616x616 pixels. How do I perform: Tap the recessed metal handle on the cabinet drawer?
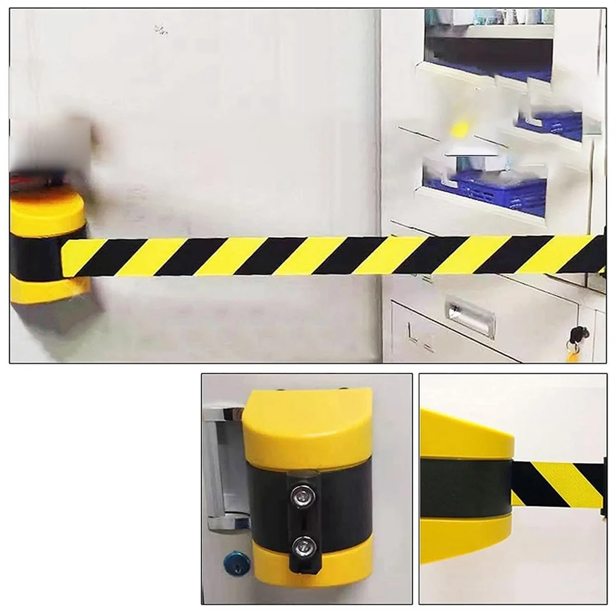(x=470, y=318)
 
